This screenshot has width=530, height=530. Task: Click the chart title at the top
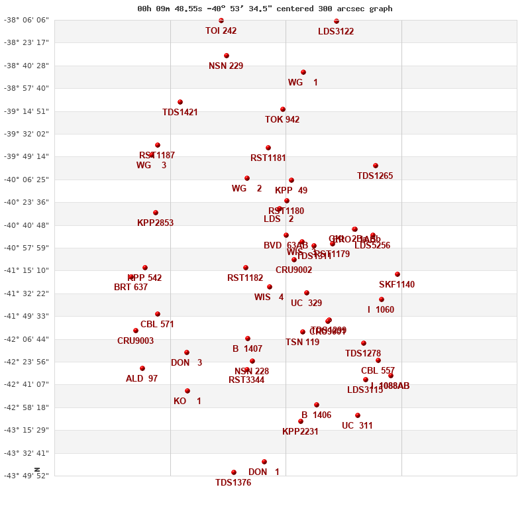tap(264, 9)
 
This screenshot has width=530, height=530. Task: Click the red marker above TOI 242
tap(221, 21)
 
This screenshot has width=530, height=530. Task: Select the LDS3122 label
tap(336, 31)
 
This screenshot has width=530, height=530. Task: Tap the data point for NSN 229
tap(227, 56)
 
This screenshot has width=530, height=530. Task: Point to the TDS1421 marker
tap(180, 102)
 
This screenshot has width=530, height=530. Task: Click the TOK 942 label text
tap(282, 120)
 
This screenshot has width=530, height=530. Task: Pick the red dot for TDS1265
tap(376, 166)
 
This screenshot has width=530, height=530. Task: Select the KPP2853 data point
tap(156, 213)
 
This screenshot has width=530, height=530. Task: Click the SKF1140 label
tap(397, 285)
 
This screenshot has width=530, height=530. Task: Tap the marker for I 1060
tap(382, 299)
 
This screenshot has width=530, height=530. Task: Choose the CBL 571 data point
tap(158, 314)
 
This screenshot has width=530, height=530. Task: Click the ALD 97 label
tap(142, 379)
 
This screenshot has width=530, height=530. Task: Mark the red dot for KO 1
tap(187, 391)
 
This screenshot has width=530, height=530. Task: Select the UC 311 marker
tap(358, 415)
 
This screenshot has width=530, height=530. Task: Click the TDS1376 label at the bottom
tap(233, 483)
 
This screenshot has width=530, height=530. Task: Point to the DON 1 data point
tap(264, 462)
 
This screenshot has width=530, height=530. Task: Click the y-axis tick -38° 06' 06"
tap(26, 20)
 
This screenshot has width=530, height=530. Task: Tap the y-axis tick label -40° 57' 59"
tap(26, 248)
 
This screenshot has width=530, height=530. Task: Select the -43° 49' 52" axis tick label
tap(26, 476)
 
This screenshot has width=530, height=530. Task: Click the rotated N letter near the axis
tap(37, 470)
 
